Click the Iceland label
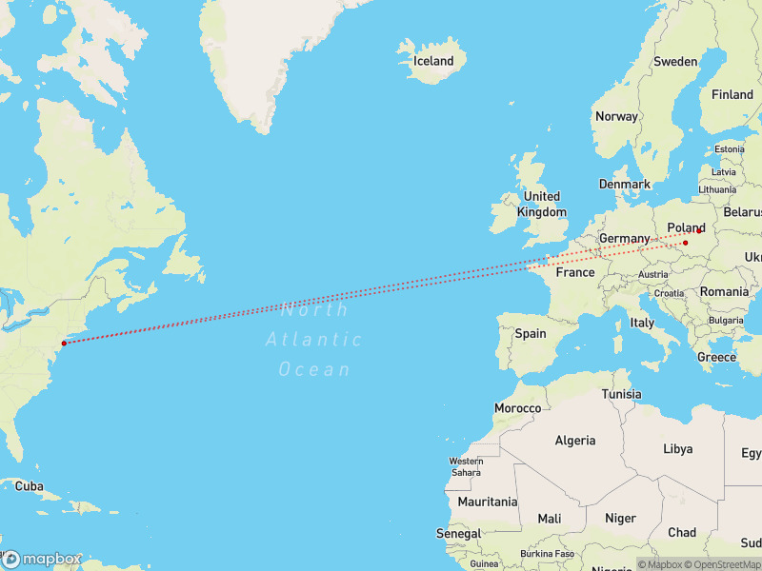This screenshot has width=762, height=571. [433, 61]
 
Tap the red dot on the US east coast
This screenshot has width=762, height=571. [64, 343]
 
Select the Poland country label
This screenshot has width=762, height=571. [686, 227]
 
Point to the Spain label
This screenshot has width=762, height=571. [531, 333]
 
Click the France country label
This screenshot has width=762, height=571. [575, 272]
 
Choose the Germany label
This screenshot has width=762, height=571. [624, 238]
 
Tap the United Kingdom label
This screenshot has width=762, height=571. [542, 205]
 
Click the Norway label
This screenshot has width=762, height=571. [616, 116]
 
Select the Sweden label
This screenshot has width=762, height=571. [675, 61]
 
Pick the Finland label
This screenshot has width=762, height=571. [732, 94]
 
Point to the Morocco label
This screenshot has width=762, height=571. [517, 408]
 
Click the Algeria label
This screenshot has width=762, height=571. [575, 440]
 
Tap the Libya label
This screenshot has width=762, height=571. [678, 448]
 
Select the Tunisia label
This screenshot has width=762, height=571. [621, 394]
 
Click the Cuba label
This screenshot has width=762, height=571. [30, 485]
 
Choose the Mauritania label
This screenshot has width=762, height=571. [487, 502]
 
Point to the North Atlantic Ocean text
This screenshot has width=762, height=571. [315, 339]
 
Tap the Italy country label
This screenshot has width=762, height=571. [643, 323]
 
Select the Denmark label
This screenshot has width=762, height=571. [625, 184]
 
